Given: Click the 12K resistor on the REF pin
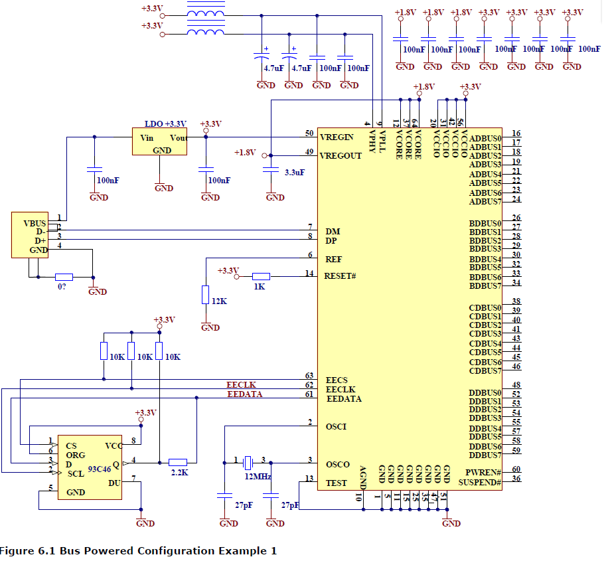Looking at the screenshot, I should (x=206, y=294).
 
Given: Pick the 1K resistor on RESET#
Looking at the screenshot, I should (x=261, y=276).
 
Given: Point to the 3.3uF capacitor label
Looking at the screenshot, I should (x=295, y=172).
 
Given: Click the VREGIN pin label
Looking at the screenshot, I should (x=337, y=137).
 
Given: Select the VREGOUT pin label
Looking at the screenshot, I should (x=341, y=156).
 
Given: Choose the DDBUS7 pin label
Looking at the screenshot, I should (x=485, y=455).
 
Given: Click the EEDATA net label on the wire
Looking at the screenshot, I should (x=244, y=394).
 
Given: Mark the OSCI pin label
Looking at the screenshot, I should (x=336, y=426).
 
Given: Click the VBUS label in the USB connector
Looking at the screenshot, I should (x=35, y=223).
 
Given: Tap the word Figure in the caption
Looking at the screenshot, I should (x=15, y=551).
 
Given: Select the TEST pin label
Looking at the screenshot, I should (x=336, y=483).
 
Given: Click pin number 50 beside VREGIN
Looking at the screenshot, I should (x=309, y=133).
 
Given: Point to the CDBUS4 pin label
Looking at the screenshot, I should (x=485, y=343).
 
